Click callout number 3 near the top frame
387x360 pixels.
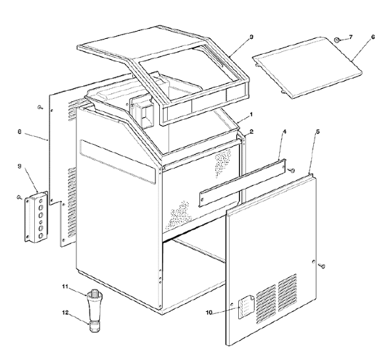(251, 37)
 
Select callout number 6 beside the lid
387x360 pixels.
(373, 37)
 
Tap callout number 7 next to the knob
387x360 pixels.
(350, 37)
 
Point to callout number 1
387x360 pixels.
(251, 115)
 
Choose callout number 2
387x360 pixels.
(251, 132)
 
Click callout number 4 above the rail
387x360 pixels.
(284, 132)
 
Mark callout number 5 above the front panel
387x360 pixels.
(318, 132)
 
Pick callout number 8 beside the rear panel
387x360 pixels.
(20, 132)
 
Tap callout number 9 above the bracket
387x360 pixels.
(20, 166)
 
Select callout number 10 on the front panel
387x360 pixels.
(209, 313)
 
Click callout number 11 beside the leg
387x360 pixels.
(65, 286)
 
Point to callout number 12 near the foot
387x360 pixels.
(65, 313)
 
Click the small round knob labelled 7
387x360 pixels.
(337, 39)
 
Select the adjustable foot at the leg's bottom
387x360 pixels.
(93, 326)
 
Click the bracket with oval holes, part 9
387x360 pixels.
(36, 217)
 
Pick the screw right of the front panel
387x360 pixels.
(322, 266)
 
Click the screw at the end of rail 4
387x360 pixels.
(292, 170)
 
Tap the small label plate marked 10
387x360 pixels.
(246, 307)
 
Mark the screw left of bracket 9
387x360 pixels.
(19, 197)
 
